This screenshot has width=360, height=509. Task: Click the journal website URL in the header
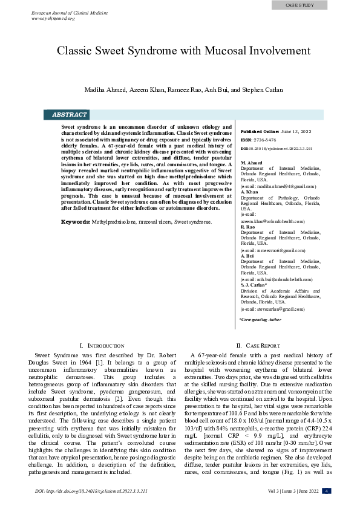pyautogui.click(x=53, y=18)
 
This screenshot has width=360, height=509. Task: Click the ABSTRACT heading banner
pyautogui.click(x=70, y=114)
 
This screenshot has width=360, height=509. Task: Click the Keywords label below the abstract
pyautogui.click(x=76, y=222)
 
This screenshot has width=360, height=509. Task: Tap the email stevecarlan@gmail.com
pyautogui.click(x=272, y=309)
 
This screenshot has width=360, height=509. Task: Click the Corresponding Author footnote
pyautogui.click(x=260, y=319)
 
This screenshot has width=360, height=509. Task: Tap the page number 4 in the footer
pyautogui.click(x=326, y=491)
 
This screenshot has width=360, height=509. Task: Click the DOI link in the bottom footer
pyautogui.click(x=91, y=491)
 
